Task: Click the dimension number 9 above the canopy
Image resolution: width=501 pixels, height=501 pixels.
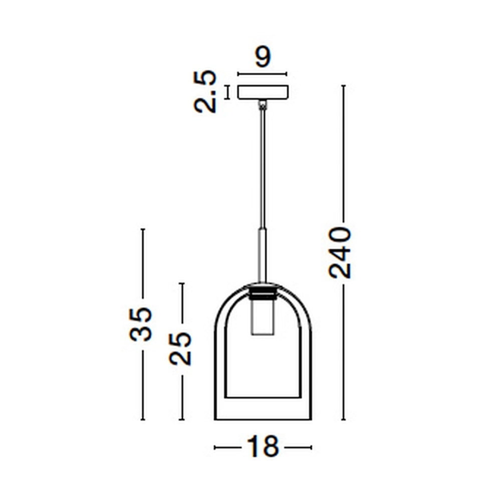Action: pos(263,57)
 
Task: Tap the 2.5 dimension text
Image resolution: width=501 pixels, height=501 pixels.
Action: pos(205,92)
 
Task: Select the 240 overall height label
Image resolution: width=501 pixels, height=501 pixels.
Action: pos(340,253)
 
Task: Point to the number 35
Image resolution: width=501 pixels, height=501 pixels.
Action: pos(140,324)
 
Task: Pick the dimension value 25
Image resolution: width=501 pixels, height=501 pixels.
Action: pos(180,349)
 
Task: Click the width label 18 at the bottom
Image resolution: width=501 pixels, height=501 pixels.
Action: pos(263,447)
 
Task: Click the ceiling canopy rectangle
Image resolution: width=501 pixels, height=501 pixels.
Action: pos(263,92)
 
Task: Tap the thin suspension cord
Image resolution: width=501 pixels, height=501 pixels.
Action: pos(262,165)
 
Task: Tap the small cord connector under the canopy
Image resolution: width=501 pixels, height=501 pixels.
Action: pos(262,104)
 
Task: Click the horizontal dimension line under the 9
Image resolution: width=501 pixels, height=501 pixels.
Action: pos(262,75)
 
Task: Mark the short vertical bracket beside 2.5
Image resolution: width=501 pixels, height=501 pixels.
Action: pos(227,92)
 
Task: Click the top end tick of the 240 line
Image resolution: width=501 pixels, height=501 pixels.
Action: pos(343,86)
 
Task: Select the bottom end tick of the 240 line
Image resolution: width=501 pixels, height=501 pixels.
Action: pos(343,419)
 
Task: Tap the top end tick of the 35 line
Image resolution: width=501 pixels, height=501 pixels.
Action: pos(143,229)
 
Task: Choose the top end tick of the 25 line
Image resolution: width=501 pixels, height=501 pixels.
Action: pos(182,284)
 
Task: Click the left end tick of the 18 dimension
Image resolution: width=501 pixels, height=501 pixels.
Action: pos(215,447)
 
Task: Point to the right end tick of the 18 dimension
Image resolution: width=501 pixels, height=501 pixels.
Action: pos(311,447)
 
